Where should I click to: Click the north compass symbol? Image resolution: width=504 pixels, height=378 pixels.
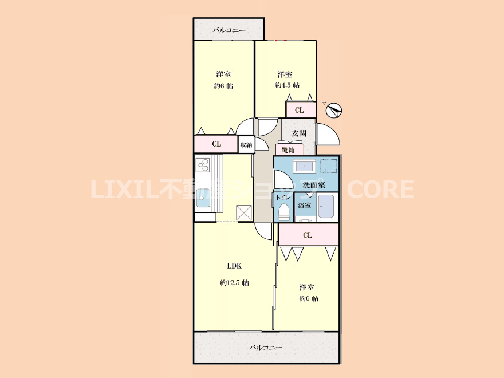334,110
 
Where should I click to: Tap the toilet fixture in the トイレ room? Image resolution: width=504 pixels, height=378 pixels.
283,212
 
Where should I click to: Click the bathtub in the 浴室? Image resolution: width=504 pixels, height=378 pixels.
326,206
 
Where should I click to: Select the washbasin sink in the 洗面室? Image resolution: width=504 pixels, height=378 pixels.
304,166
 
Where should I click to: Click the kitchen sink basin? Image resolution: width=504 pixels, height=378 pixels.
203,199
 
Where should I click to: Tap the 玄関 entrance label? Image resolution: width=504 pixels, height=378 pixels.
299,133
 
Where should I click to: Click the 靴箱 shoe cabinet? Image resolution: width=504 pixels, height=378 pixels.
289,150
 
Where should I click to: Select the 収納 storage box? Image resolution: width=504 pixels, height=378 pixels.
246,144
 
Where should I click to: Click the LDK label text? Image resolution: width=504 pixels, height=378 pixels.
234,266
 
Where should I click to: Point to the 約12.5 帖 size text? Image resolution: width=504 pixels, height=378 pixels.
234,283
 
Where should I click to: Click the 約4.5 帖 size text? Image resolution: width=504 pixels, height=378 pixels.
287,85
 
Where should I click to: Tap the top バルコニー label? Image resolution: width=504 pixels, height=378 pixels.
229,30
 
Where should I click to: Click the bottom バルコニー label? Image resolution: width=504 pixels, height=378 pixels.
266,348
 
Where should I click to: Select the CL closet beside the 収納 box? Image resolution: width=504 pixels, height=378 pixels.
216,144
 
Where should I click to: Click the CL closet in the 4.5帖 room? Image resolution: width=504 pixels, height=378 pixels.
300,110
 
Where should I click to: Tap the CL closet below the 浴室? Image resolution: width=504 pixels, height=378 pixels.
308,235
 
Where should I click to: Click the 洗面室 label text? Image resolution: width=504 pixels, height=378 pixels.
314,185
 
